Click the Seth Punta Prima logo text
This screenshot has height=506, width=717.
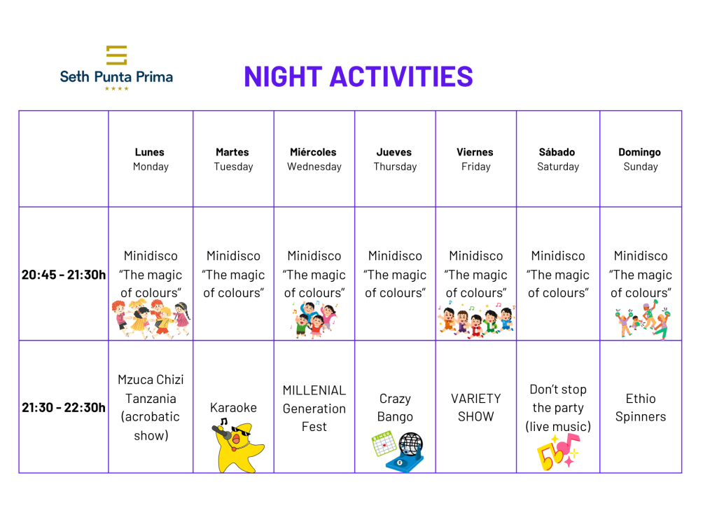(116, 76)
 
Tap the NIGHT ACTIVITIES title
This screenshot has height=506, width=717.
(358, 76)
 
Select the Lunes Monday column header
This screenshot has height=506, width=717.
(150, 159)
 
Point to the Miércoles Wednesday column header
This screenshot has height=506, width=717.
(314, 159)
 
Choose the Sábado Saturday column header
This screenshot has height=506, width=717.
(558, 159)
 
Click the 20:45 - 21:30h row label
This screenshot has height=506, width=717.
(64, 275)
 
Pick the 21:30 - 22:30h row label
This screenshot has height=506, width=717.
(64, 407)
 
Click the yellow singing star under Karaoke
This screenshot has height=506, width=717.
(238, 445)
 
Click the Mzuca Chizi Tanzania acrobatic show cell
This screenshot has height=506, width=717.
(151, 407)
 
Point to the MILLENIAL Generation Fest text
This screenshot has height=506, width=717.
(314, 408)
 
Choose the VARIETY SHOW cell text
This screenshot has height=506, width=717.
(475, 407)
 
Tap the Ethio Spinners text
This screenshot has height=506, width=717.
(640, 407)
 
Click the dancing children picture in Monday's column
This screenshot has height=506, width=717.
(151, 319)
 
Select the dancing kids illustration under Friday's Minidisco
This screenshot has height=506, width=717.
(476, 320)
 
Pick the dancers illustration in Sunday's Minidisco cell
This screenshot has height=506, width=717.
(643, 320)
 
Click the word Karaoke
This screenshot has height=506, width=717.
(233, 407)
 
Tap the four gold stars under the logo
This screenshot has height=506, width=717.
(117, 89)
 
